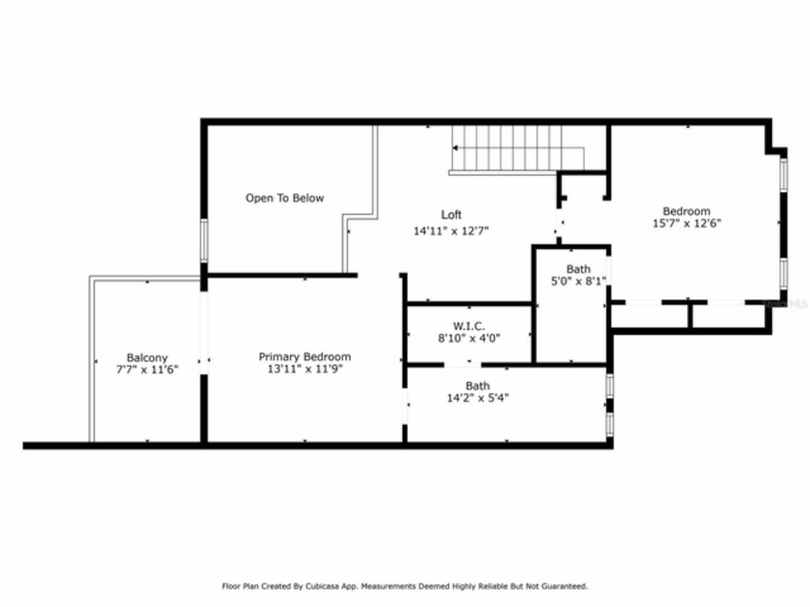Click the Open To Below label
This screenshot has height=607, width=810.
point(284,198)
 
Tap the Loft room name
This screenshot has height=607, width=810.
point(451,215)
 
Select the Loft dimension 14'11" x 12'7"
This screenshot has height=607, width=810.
point(451,231)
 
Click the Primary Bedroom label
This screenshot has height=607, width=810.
point(304,357)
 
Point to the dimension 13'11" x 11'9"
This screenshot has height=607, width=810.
point(304,369)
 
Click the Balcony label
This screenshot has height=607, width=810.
point(147,358)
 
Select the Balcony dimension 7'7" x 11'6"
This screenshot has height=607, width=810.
point(147,370)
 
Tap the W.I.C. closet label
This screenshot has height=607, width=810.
point(469,326)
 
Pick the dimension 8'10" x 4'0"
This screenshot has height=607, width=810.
point(469,338)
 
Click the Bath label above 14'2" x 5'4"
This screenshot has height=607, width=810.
point(477,386)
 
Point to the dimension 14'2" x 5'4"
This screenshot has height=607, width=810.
point(477,398)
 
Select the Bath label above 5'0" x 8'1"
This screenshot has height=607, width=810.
point(578,269)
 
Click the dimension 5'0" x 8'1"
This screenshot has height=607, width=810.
point(579,281)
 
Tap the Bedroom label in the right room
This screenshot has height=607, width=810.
point(686,211)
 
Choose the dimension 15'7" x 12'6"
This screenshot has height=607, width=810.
point(686,223)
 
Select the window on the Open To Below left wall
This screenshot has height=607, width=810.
point(204,240)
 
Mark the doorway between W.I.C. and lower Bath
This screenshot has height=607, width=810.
point(463,365)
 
